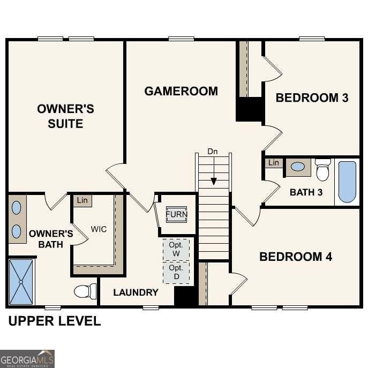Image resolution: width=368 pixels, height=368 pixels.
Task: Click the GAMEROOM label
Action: [x=181, y=91]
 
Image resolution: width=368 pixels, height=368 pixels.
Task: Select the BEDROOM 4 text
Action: [x=296, y=257]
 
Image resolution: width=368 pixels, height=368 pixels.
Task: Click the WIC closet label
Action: [x=99, y=229]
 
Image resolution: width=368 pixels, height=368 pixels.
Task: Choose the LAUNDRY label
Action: [x=136, y=292]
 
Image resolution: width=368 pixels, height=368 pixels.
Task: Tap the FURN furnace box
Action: [x=176, y=215]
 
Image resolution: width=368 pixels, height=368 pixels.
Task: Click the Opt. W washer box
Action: [x=176, y=249]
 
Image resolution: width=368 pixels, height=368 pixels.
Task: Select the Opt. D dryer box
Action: [x=176, y=272]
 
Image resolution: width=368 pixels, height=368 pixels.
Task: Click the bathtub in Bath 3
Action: [x=347, y=182]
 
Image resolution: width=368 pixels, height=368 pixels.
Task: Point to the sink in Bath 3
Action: [x=297, y=167]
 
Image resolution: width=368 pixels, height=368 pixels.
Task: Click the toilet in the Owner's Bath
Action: [x=84, y=291]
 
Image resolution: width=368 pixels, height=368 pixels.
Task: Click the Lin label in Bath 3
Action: [x=274, y=163]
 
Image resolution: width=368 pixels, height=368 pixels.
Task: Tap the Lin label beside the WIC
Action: [x=82, y=200]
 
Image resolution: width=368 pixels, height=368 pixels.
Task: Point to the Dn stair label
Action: [x=213, y=152]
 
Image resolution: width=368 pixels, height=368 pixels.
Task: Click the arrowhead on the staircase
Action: [x=214, y=182]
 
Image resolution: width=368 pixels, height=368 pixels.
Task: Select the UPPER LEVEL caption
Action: [x=54, y=321]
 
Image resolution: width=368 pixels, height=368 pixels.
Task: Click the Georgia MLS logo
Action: [x=27, y=358]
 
